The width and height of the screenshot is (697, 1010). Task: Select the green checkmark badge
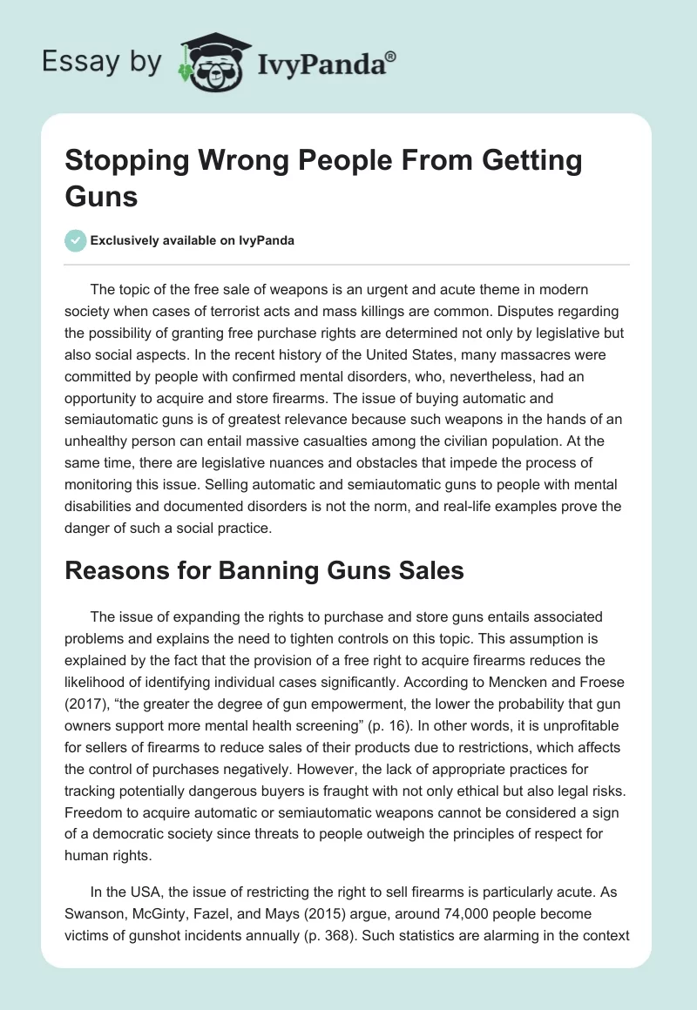coord(75,241)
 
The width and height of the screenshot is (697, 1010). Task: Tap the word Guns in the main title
coord(101,195)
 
